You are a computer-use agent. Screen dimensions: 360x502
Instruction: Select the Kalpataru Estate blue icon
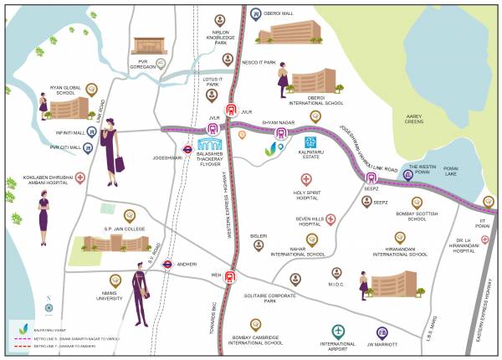point(310,142)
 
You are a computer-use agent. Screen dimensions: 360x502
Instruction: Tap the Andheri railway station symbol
point(167,263)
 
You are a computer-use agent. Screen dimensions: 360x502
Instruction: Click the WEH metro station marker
point(230,277)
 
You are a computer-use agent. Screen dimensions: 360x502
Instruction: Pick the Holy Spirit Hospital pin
point(306,179)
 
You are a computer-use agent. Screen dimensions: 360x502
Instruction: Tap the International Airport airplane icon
point(338,331)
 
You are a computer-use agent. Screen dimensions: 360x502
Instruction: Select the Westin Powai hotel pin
point(407,174)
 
